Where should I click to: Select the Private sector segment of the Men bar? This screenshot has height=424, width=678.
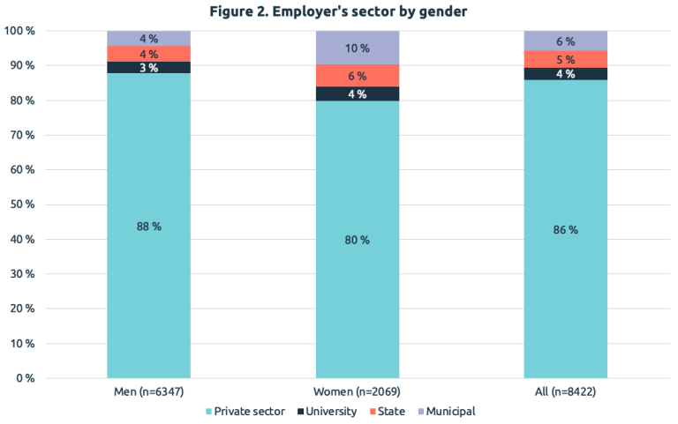148,264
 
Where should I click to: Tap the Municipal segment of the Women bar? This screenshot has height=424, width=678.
358,48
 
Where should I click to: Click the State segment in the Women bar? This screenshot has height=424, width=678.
358,76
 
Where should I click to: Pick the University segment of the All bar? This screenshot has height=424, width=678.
566,74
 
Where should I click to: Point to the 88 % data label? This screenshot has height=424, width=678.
148,227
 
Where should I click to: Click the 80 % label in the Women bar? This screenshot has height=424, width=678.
358,240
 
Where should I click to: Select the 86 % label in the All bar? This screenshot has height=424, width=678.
566,230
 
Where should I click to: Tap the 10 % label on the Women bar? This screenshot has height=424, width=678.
358,48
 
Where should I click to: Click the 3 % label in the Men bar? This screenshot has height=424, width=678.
148,68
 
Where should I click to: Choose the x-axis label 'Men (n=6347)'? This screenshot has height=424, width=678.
148,391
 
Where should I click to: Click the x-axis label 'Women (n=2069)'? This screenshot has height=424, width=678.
358,391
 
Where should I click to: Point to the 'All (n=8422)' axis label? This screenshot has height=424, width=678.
566,391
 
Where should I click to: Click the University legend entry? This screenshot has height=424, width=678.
331,411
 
